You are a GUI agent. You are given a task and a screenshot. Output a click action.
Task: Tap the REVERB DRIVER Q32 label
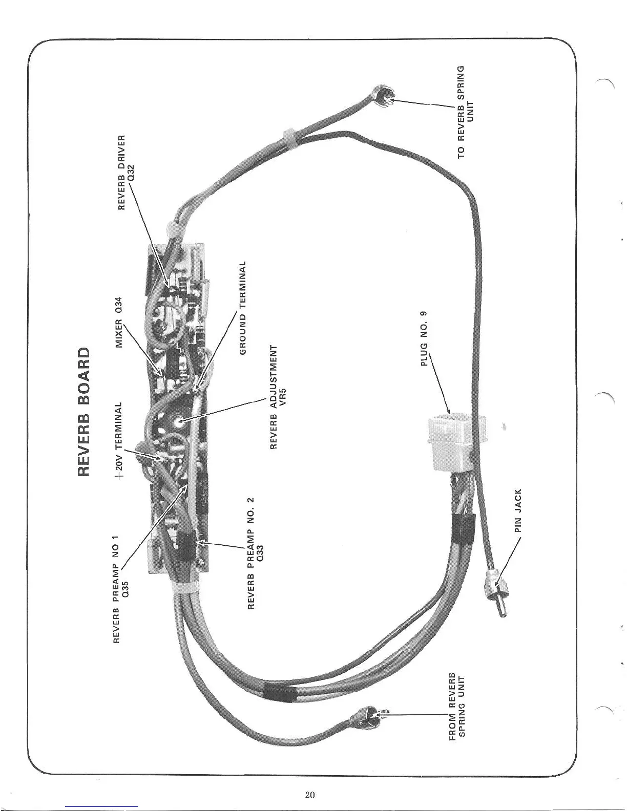[x=126, y=173]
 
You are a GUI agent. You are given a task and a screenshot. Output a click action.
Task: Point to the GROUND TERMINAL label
[x=245, y=306]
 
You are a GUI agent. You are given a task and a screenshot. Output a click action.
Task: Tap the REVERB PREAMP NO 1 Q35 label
[x=122, y=589]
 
